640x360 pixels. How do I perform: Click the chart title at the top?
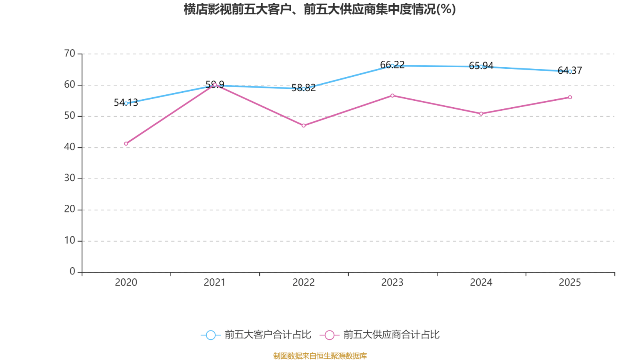pyautogui.click(x=320, y=9)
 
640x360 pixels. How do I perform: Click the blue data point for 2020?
pyautogui.click(x=126, y=103)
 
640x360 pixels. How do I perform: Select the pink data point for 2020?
pyautogui.click(x=126, y=144)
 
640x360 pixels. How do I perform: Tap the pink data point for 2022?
pyautogui.click(x=304, y=126)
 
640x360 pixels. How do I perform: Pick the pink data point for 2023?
pyautogui.click(x=392, y=96)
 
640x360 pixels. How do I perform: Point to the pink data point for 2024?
pyautogui.click(x=481, y=114)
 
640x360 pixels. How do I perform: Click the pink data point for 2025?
pyautogui.click(x=570, y=97)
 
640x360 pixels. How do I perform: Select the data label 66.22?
pyautogui.click(x=392, y=65)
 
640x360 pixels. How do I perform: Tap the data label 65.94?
pyautogui.click(x=481, y=66)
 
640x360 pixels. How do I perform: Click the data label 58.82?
pyautogui.click(x=304, y=88)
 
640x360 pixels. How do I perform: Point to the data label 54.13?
pyautogui.click(x=126, y=103)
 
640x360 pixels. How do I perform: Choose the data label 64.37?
pyautogui.click(x=570, y=71)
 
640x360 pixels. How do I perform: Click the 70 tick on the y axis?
pyautogui.click(x=70, y=54)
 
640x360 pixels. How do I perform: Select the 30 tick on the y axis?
pyautogui.click(x=70, y=178)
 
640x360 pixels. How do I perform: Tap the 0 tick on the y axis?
pyautogui.click(x=72, y=272)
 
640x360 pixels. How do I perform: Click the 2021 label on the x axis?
pyautogui.click(x=215, y=282)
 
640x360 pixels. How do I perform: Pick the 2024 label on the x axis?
pyautogui.click(x=481, y=282)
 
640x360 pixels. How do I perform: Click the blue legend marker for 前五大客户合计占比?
pyautogui.click(x=210, y=335)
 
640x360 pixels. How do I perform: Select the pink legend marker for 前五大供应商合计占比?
pyautogui.click(x=330, y=335)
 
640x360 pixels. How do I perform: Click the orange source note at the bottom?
pyautogui.click(x=320, y=356)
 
